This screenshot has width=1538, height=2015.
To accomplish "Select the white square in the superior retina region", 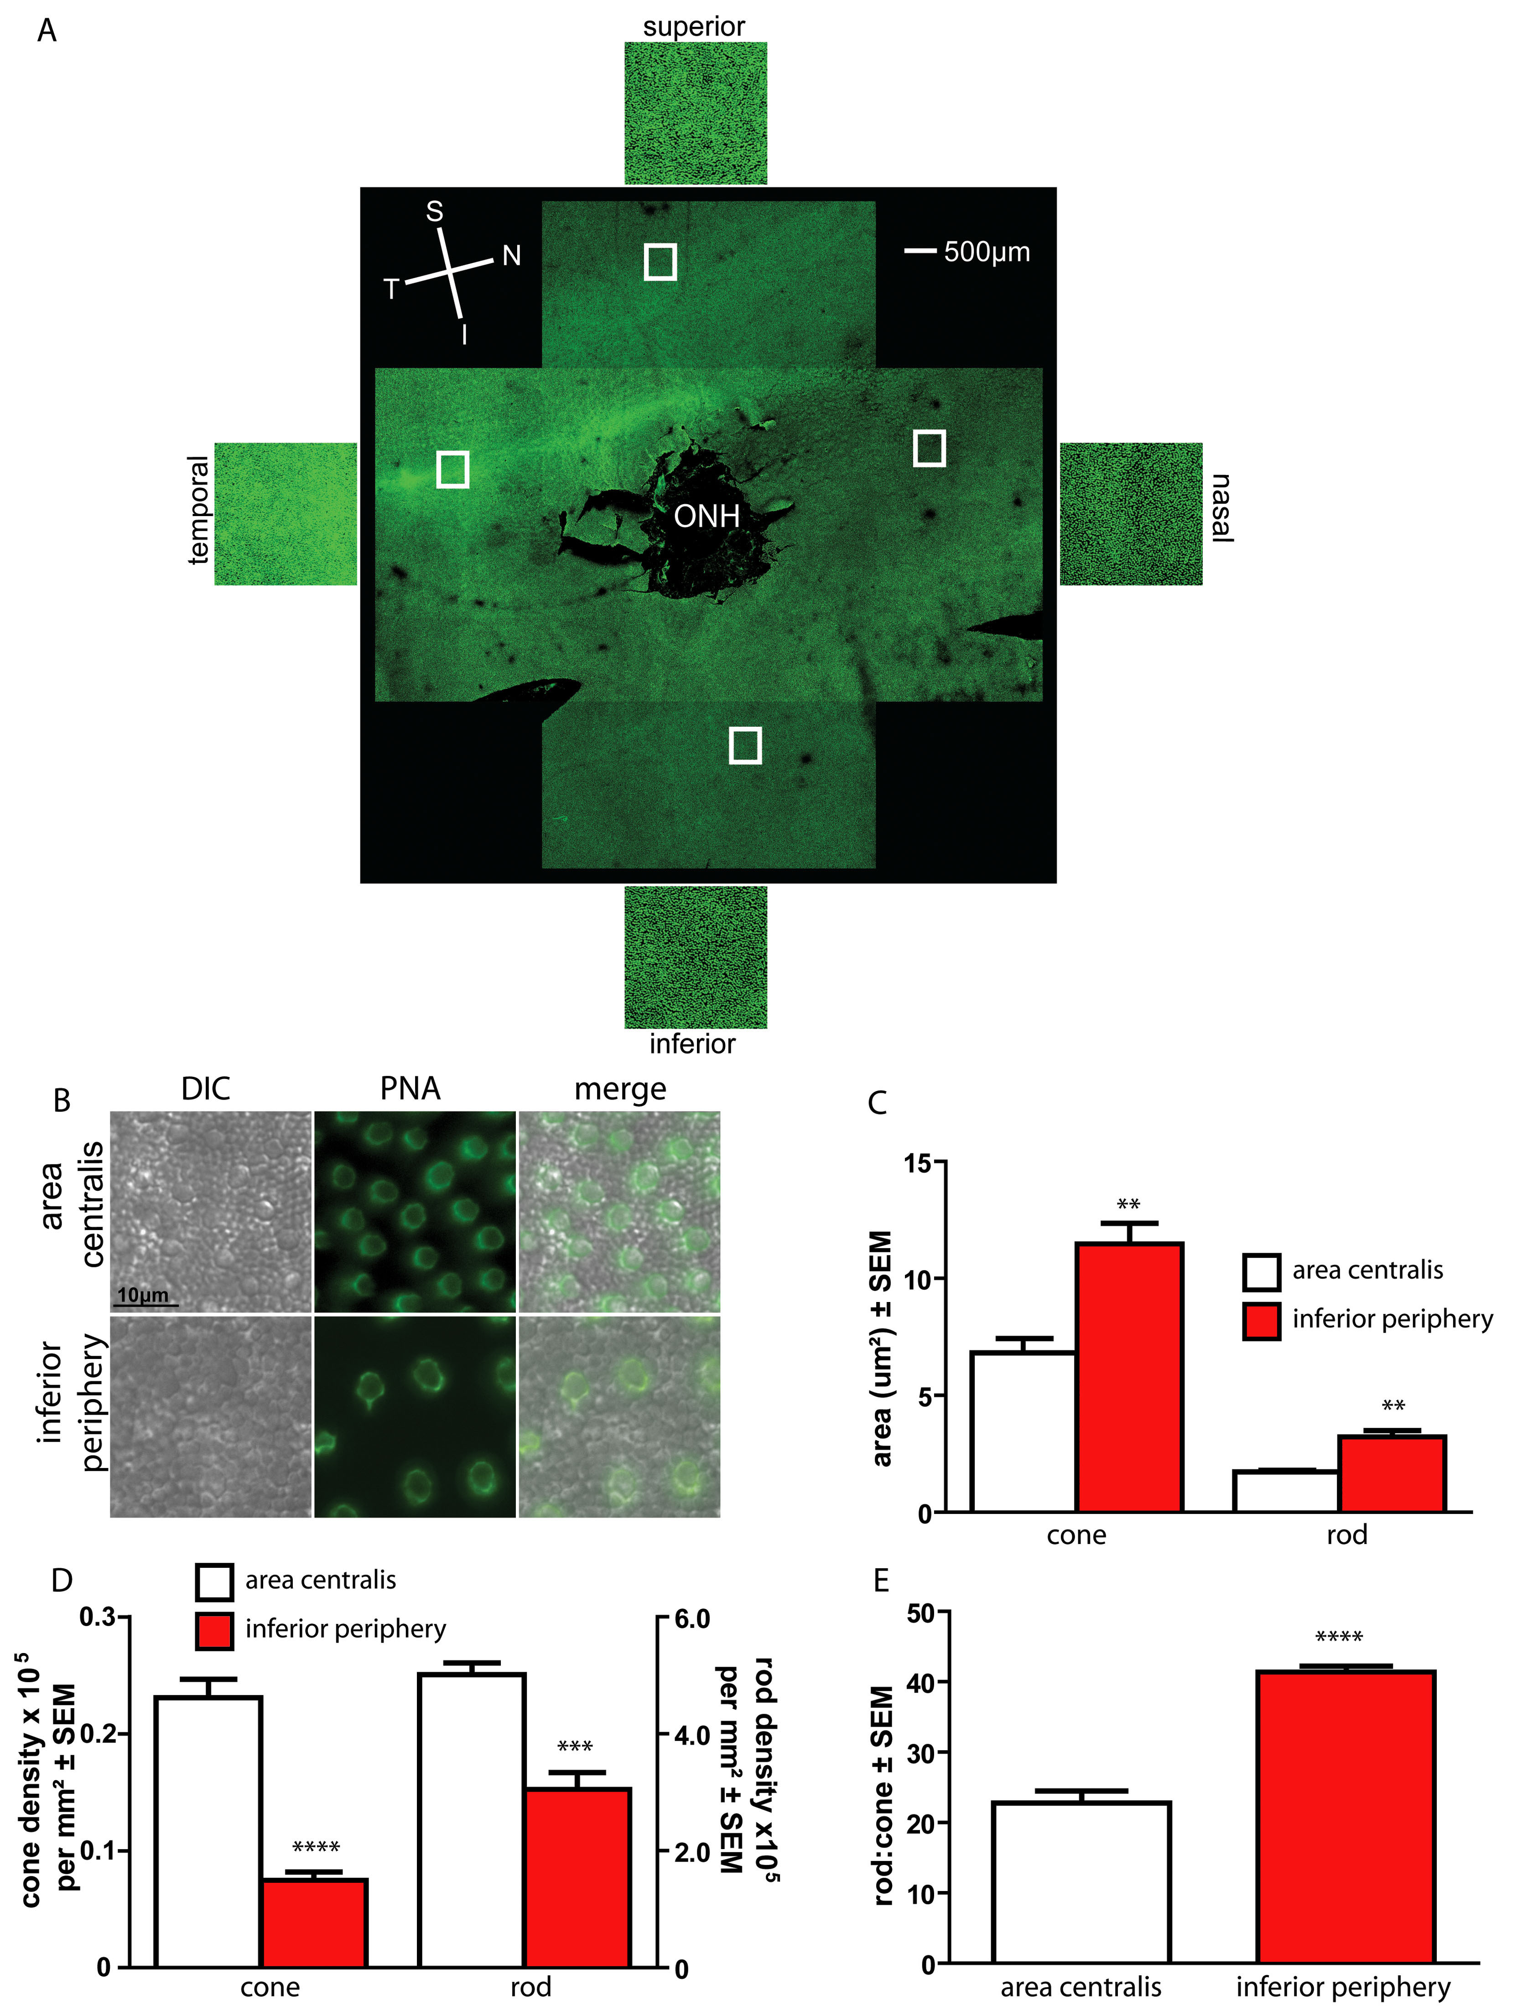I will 660,262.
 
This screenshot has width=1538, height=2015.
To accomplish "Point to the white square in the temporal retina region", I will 452,469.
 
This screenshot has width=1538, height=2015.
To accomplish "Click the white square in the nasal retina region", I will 929,449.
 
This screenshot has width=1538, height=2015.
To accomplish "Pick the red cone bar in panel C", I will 1129,1377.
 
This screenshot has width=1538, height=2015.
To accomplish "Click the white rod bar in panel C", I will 1285,1492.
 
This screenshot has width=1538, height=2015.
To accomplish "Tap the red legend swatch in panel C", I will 1261,1321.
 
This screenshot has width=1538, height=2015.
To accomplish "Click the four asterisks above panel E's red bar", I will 1338,1638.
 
